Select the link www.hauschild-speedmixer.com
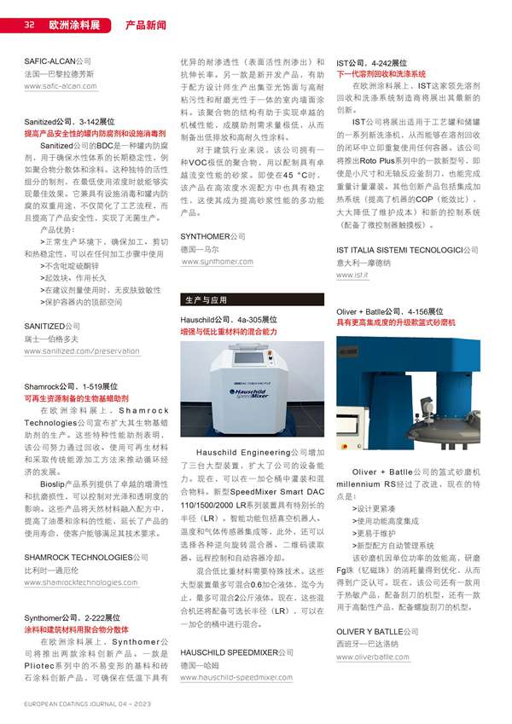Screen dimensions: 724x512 236,677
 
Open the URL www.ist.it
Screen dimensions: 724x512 352,275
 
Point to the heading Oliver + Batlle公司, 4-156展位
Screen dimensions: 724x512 389,312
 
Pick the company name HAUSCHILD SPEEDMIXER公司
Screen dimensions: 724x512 236,652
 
